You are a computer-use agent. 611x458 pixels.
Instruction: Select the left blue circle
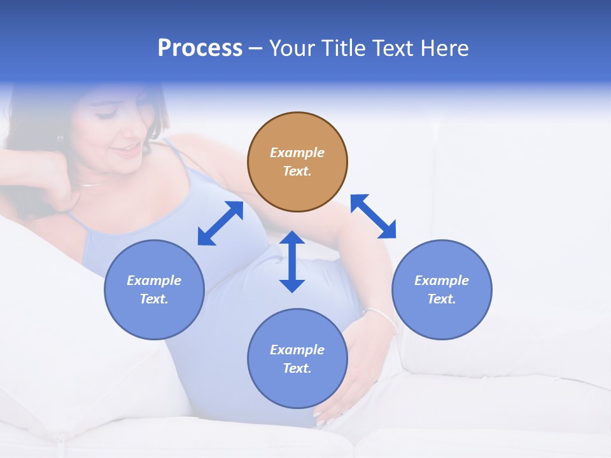154,289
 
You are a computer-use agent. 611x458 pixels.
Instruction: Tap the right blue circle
442,289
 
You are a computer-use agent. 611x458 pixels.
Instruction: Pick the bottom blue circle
297,359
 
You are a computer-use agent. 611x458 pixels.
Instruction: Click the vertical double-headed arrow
292,261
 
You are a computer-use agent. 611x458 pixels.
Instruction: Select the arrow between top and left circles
220,223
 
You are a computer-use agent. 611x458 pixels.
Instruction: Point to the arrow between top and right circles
373,216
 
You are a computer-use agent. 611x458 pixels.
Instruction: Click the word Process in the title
200,48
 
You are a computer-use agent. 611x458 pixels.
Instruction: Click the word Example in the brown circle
297,153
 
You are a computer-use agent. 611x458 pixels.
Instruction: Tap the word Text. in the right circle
442,299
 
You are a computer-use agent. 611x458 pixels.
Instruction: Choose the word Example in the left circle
154,281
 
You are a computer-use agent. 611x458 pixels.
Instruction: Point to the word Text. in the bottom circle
297,368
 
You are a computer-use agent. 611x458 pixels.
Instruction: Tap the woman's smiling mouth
128,151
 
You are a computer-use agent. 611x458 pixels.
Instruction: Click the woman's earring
60,138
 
